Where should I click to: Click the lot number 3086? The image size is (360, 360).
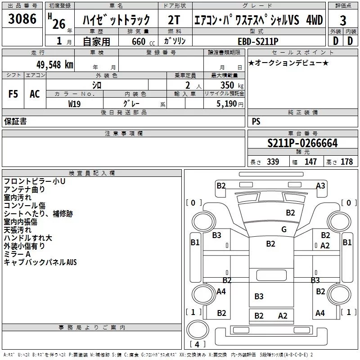click(22, 19)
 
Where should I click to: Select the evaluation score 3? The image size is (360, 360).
click(343, 21)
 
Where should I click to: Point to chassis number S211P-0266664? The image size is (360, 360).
click(302, 143)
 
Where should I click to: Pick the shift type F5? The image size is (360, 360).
click(13, 94)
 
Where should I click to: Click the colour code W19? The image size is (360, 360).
click(75, 103)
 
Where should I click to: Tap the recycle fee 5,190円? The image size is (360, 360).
click(229, 103)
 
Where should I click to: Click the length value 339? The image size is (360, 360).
click(272, 162)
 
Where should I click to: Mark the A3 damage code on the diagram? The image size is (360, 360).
click(320, 185)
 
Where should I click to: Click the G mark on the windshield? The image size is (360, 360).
click(283, 229)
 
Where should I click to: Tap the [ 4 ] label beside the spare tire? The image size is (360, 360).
click(196, 345)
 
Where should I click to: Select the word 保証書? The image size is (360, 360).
click(15, 121)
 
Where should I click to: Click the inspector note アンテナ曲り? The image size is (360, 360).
click(24, 189)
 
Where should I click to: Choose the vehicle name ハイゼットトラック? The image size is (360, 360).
click(116, 21)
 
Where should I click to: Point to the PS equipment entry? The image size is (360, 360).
click(256, 121)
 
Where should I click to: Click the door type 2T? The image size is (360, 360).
click(174, 21)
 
